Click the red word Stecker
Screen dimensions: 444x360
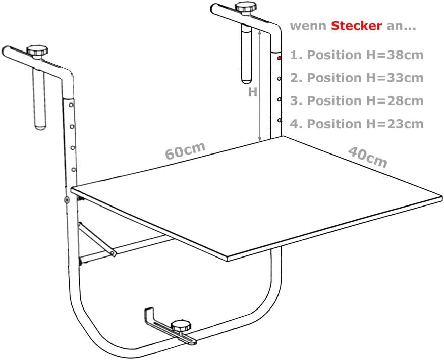[x=357, y=26]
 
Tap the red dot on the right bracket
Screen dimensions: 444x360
[x=279, y=58]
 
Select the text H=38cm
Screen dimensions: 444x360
[x=395, y=55]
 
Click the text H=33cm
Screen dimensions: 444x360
[x=395, y=78]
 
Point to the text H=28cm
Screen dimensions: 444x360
[x=395, y=101]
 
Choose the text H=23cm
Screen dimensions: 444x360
[x=395, y=124]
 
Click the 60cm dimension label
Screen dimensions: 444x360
[x=186, y=150]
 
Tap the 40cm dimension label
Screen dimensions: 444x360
[x=367, y=157]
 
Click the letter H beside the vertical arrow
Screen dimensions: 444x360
[x=253, y=92]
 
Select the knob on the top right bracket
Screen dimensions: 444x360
[x=246, y=7]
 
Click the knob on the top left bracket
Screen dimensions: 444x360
[x=37, y=51]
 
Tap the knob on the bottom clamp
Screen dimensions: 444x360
[x=181, y=326]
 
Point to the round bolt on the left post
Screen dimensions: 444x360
[x=67, y=200]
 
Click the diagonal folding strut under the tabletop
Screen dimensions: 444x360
[x=96, y=239]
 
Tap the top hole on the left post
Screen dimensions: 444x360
[x=71, y=105]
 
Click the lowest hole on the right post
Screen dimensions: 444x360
[x=280, y=120]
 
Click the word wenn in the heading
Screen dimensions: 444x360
[x=308, y=26]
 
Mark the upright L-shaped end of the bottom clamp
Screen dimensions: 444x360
[x=149, y=315]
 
